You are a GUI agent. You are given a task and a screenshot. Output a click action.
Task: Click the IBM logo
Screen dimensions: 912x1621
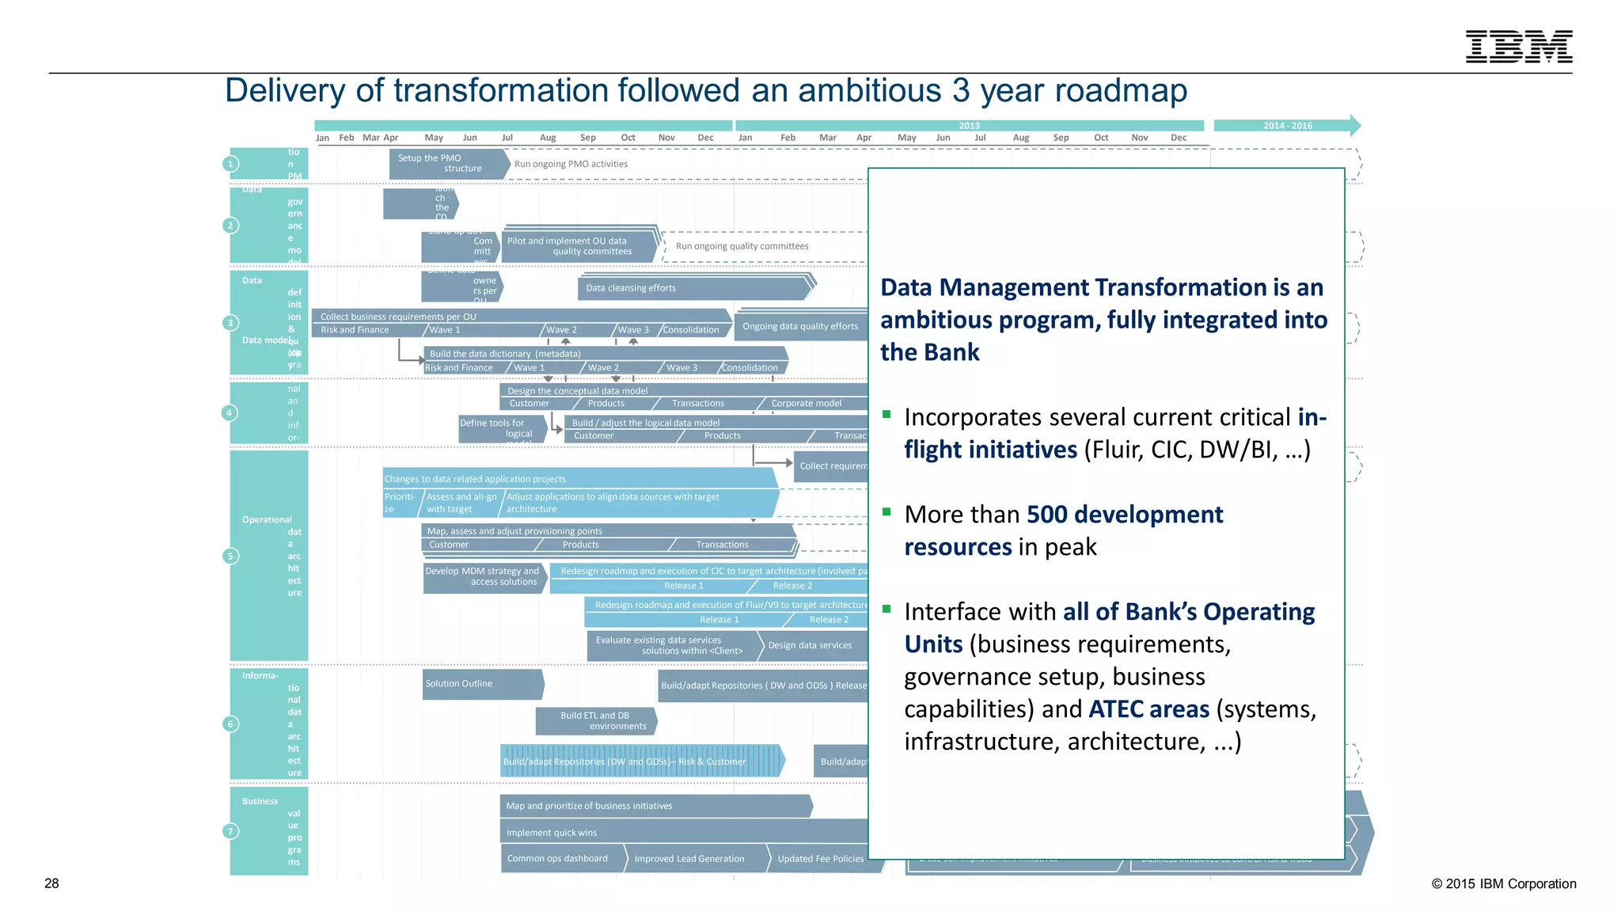coord(1518,47)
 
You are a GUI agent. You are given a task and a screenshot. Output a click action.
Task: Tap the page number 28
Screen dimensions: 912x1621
coord(51,883)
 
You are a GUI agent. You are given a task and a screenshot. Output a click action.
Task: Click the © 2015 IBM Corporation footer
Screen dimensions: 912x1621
coord(1503,883)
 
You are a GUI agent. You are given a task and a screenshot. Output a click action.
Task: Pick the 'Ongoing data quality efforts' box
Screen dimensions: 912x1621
coord(800,326)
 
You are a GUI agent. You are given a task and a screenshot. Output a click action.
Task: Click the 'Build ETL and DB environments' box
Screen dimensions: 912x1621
coord(595,721)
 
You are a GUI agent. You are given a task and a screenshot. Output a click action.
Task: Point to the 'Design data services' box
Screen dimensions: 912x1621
coord(811,645)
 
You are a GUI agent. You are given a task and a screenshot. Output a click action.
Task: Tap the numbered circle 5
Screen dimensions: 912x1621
coord(230,557)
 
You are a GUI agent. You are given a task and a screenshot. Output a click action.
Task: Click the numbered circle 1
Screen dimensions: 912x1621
coord(230,164)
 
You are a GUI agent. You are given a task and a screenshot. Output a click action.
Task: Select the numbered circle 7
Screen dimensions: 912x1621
coord(230,831)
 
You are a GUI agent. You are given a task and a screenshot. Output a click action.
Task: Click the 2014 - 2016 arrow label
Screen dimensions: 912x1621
coord(1287,126)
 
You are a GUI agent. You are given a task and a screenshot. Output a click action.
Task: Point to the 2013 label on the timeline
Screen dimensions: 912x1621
coord(969,126)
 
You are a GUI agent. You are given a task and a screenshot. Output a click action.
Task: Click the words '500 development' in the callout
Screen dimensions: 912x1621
coord(1124,515)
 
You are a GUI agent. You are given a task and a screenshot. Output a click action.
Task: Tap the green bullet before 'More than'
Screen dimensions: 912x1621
coord(887,511)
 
